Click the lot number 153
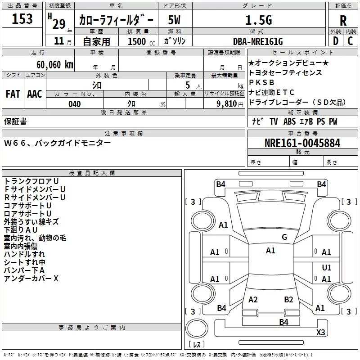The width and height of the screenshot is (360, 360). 22,18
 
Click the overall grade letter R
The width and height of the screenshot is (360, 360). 343,21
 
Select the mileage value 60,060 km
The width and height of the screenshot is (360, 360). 55,65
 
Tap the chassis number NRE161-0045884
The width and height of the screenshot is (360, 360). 302,143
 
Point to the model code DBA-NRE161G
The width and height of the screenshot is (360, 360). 258,41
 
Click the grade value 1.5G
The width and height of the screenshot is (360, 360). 259,20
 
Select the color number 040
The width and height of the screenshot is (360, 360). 75,104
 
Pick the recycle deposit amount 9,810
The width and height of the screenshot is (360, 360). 226,104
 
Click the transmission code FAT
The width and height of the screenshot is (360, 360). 13,94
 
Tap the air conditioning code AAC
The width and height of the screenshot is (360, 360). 35,94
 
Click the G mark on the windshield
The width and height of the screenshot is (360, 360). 284,237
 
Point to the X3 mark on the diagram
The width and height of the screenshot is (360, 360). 320,332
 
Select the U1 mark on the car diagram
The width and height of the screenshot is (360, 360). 327,267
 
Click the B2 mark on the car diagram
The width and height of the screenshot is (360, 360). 288,300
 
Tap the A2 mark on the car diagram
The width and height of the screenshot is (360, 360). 253,300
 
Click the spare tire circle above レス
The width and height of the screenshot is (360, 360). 197,328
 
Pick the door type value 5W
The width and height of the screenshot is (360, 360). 174,20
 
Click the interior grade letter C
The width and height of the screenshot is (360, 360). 350,41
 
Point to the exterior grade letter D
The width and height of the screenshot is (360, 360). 336,41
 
